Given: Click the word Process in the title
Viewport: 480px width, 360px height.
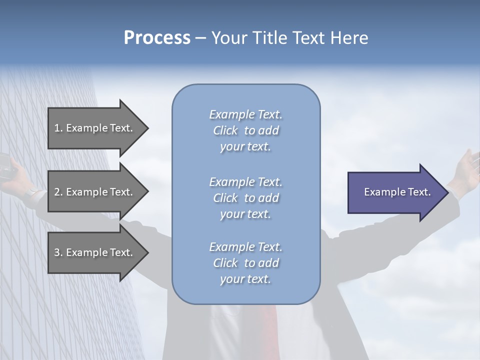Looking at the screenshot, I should click(x=157, y=38).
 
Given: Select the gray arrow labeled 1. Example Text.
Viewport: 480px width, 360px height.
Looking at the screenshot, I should click(x=95, y=128).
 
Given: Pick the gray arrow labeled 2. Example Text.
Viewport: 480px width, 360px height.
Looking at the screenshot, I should click(x=95, y=192).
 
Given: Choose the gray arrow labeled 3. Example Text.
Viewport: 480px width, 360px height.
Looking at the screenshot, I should click(x=95, y=252).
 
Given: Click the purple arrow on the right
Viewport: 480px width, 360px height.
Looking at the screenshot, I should click(x=395, y=192).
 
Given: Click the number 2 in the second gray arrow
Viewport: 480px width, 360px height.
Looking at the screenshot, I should click(x=57, y=192).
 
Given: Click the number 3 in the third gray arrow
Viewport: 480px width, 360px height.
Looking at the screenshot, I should click(x=57, y=252).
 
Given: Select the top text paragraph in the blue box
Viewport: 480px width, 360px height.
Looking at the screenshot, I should click(x=245, y=130).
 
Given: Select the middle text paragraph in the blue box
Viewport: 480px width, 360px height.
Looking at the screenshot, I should click(x=245, y=198).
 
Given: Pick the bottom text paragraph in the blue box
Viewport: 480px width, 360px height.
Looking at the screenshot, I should click(x=245, y=263).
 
